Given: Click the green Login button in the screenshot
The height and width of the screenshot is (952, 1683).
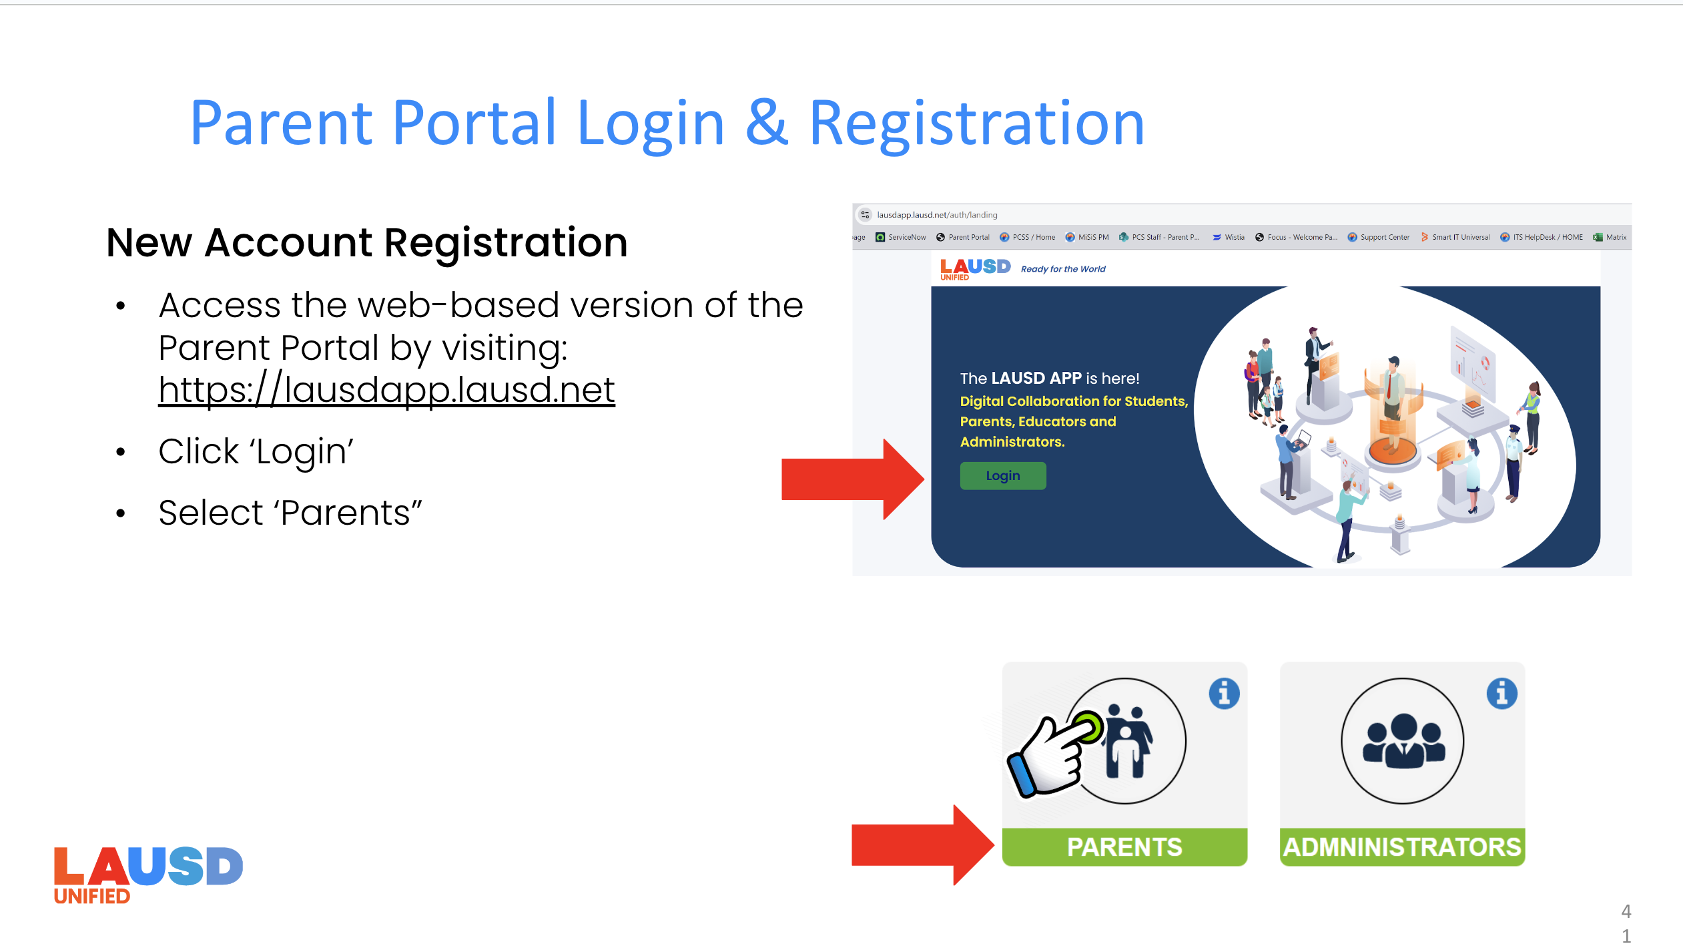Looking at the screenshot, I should tap(1002, 476).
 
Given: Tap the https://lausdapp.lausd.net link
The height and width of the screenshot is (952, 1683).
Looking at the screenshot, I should tap(386, 390).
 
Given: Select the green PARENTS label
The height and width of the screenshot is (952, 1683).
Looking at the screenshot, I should tap(1124, 847).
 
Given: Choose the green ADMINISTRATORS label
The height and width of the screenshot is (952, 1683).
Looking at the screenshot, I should tap(1402, 847).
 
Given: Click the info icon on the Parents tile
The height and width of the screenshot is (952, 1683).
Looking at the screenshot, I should tap(1224, 694).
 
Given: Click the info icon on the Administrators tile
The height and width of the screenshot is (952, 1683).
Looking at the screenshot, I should tap(1501, 694).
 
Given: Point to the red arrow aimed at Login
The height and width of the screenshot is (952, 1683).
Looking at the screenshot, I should tap(851, 479).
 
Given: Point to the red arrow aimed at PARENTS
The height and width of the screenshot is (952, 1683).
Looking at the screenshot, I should tap(921, 845).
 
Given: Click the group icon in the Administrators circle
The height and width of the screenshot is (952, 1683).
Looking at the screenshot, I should tap(1403, 742).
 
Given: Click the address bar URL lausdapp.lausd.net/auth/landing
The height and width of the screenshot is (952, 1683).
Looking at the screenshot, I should tap(937, 215).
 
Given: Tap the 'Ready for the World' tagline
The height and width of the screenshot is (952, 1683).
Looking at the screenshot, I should tap(1063, 269).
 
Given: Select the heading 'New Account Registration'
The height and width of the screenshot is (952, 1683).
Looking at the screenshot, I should tap(367, 242).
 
